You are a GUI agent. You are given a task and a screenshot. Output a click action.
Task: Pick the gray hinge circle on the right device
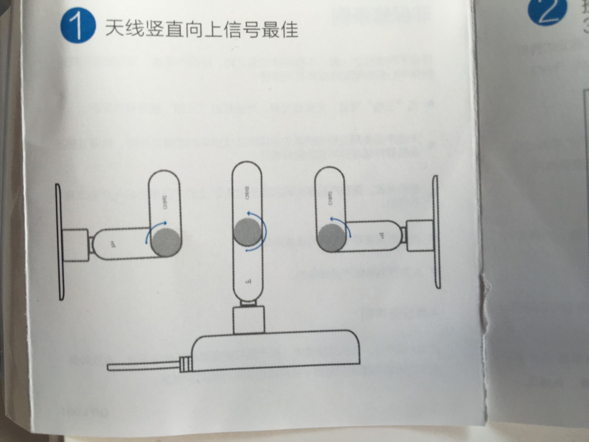point(331,237)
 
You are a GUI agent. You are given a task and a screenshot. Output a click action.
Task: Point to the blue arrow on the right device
point(342,225)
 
